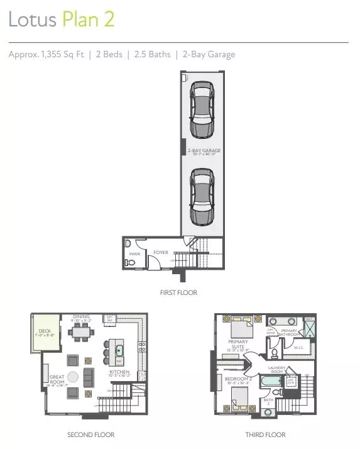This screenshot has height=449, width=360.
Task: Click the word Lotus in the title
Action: [32, 20]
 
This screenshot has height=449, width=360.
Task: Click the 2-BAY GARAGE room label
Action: [203, 150]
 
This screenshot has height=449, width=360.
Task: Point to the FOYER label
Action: [160, 253]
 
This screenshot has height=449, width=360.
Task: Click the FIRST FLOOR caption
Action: [179, 292]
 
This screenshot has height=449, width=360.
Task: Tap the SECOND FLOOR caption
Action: [90, 435]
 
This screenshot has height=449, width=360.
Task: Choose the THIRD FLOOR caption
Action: [266, 435]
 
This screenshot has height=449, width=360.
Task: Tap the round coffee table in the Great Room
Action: [72, 377]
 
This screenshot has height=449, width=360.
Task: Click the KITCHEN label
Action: [119, 371]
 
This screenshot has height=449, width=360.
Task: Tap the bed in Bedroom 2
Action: [240, 399]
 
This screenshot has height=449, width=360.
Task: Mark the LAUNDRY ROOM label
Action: [278, 369]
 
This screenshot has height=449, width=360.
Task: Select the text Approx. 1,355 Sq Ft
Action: [45, 55]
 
